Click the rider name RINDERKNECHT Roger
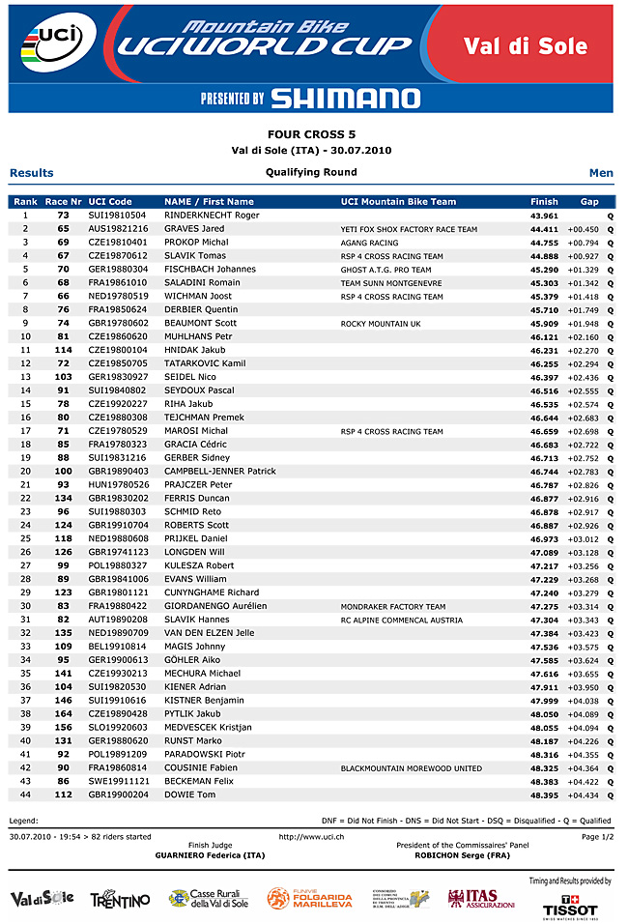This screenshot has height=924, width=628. pos(212,216)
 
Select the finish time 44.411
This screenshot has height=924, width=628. pos(544,229)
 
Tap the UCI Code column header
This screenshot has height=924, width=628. pos(110,201)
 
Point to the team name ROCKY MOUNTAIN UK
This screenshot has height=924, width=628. pos(381,324)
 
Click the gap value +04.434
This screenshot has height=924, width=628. pos(583,794)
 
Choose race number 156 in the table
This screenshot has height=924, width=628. pos(63,727)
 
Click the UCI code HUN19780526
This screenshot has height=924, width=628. pos(118,484)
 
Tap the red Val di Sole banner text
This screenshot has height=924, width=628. pos(525,46)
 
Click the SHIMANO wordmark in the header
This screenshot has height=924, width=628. pos(345,98)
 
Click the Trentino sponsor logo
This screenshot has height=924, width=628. pos(120,900)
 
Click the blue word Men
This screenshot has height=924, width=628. pos(601,173)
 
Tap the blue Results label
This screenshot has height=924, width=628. pos(32,173)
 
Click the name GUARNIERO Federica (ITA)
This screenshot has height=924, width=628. pos(210,855)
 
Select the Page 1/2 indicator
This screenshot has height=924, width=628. pos(596,836)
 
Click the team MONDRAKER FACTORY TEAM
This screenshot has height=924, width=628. pos(393,607)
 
